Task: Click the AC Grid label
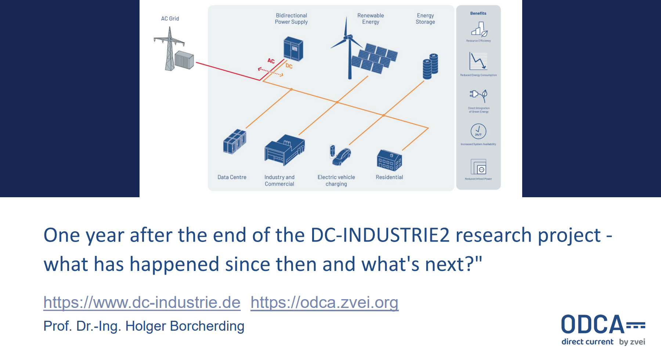tap(170, 19)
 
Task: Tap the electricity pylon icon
tap(169, 49)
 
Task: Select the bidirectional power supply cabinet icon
tap(293, 49)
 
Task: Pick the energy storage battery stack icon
tap(430, 66)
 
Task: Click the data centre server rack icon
tap(235, 142)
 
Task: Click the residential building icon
tap(389, 160)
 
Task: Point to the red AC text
tap(271, 61)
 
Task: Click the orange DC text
tap(289, 66)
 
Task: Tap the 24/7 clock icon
tap(478, 131)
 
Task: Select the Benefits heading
tap(478, 14)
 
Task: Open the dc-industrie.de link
tap(142, 302)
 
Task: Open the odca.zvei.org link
tap(324, 302)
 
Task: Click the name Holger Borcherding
tap(185, 326)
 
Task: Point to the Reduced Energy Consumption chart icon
tap(478, 61)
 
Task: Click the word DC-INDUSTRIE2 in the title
tap(380, 235)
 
